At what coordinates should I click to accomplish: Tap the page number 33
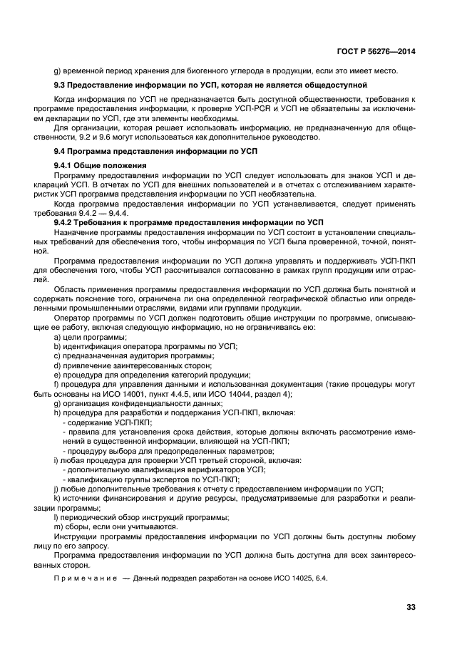tap(410, 608)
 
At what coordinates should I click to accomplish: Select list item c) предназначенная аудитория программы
tap(134, 355)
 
